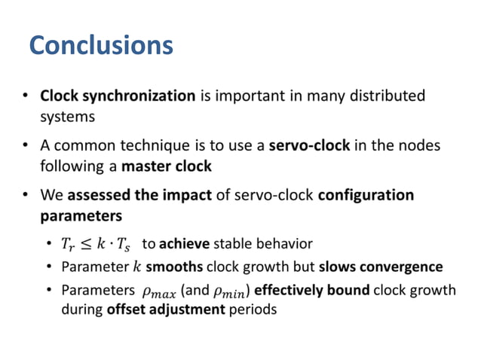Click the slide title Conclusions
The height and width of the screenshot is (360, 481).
101,46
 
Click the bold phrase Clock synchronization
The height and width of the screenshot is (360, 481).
118,96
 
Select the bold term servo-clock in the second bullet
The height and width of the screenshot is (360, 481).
309,145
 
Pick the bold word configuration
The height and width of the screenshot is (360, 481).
366,196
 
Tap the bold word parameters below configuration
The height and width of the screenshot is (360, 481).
81,216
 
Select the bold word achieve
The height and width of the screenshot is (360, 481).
184,243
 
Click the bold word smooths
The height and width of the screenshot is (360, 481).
173,267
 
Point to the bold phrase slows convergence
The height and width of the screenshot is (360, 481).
381,267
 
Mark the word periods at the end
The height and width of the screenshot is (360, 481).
251,310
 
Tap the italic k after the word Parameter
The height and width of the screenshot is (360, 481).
136,267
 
